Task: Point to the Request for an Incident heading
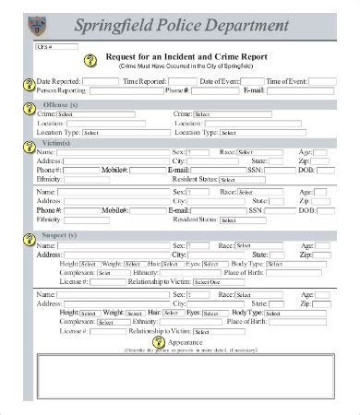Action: (x=184, y=57)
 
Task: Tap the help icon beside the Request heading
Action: (x=90, y=60)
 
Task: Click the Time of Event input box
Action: (x=318, y=82)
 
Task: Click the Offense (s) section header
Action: (x=63, y=104)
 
